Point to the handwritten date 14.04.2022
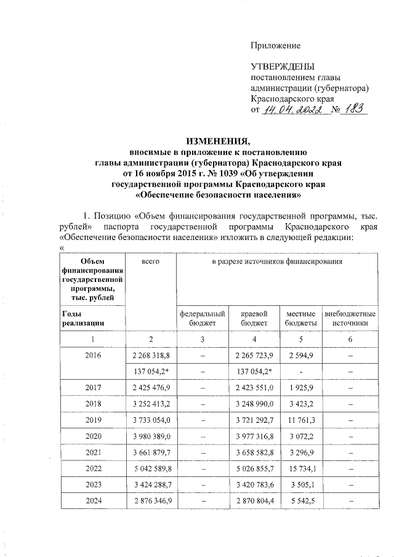(293, 110)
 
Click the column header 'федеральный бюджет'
(202, 318)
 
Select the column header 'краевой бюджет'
(254, 318)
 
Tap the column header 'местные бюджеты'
(301, 318)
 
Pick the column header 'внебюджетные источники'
(350, 318)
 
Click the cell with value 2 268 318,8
(151, 355)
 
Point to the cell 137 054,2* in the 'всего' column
(151, 371)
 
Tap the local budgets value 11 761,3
(301, 420)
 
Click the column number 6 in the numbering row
(350, 339)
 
